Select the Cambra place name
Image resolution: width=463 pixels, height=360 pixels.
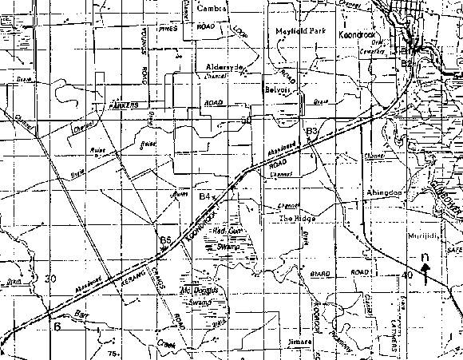coord(213,8)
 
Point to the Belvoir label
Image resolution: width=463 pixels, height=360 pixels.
coord(275,90)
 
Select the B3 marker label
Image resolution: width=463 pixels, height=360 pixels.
coord(312,130)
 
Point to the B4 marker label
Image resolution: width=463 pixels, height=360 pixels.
coord(205,196)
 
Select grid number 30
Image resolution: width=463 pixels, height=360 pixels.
coord(51,279)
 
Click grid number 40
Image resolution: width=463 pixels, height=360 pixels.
coord(407,275)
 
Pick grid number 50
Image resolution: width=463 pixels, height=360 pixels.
coord(247,119)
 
